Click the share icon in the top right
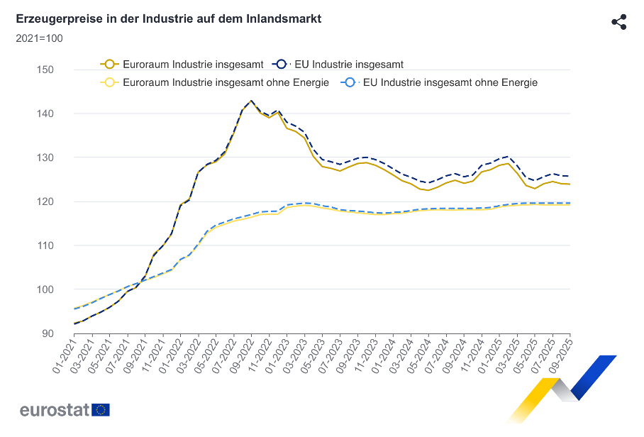coord(618,21)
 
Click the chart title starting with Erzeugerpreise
coord(168,18)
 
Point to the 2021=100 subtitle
coord(39,38)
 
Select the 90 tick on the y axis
coord(47,333)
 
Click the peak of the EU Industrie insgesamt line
coord(252,101)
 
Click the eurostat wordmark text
coord(54,410)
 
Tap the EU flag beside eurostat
coord(101,410)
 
